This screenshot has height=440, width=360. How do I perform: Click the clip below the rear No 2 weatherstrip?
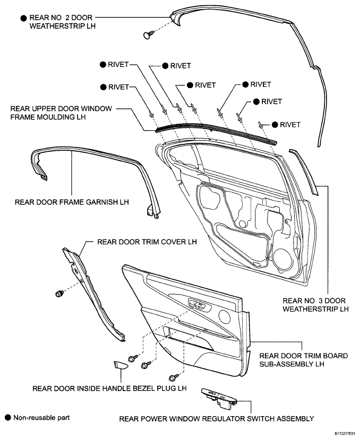(x=149, y=35)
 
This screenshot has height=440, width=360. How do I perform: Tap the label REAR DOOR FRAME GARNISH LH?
(x=72, y=202)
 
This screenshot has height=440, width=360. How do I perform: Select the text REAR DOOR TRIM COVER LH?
(x=147, y=242)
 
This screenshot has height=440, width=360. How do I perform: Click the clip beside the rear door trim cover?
(x=59, y=294)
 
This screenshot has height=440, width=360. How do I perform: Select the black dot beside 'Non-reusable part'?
(x=8, y=418)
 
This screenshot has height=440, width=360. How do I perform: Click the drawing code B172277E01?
(x=347, y=436)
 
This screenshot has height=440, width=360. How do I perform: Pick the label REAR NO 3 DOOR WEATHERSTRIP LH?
(x=315, y=305)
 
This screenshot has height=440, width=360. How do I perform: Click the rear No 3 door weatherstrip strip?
(x=305, y=172)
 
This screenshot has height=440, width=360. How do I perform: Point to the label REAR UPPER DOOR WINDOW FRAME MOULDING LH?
(x=61, y=113)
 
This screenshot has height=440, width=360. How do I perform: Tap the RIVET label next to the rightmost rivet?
(x=290, y=125)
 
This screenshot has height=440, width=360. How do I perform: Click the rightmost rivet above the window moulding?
(x=261, y=125)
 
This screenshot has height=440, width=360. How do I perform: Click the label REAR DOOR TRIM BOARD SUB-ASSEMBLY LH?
(x=304, y=360)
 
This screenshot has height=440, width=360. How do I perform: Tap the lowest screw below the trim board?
(x=174, y=377)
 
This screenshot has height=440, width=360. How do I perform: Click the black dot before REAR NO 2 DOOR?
(x=23, y=18)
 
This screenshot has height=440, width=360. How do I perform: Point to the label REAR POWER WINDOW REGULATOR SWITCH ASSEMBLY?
(x=217, y=419)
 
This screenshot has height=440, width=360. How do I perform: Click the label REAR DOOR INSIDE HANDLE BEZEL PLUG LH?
(x=109, y=389)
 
